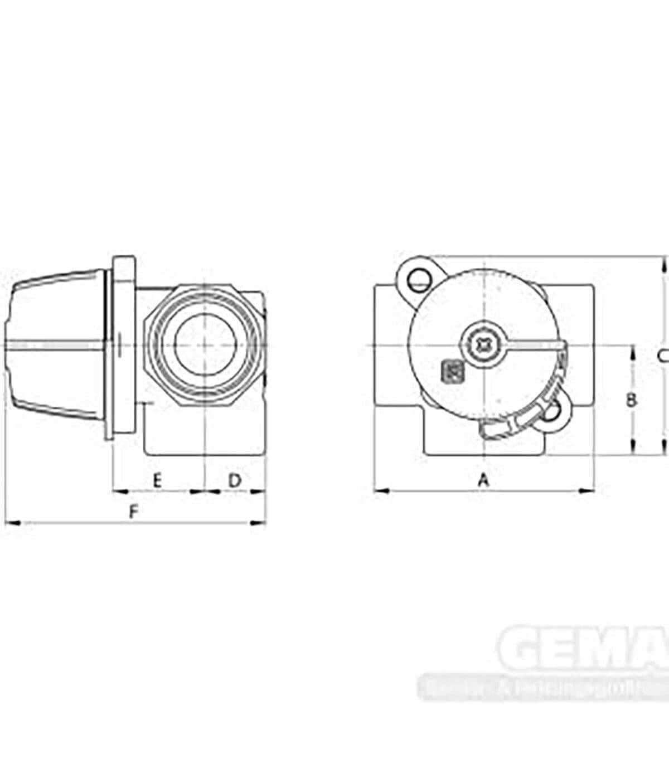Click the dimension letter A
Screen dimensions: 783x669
(x=484, y=479)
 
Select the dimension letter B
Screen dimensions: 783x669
(x=631, y=400)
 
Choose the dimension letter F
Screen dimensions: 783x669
(x=133, y=512)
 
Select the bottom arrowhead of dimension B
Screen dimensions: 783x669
(x=632, y=449)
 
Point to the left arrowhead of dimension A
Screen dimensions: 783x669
(x=381, y=491)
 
